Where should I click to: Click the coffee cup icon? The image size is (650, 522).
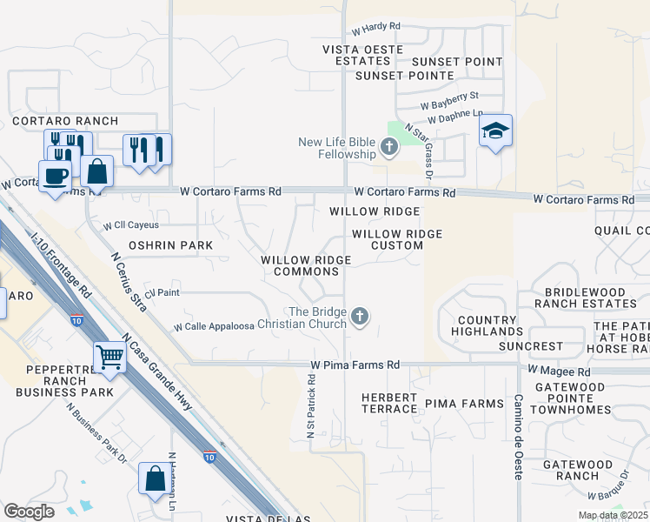56,175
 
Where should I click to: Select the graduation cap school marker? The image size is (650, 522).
495,130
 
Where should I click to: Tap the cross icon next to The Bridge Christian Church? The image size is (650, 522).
359,318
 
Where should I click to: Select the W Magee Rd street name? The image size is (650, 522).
559,371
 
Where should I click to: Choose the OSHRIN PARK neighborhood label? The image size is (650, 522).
170,246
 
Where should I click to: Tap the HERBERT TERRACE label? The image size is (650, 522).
389,403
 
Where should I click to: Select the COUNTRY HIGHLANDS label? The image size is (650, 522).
488,326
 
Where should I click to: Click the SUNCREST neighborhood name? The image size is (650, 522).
531,346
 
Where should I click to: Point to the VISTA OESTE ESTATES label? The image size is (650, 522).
363,56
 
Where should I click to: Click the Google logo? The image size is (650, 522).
29,511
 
